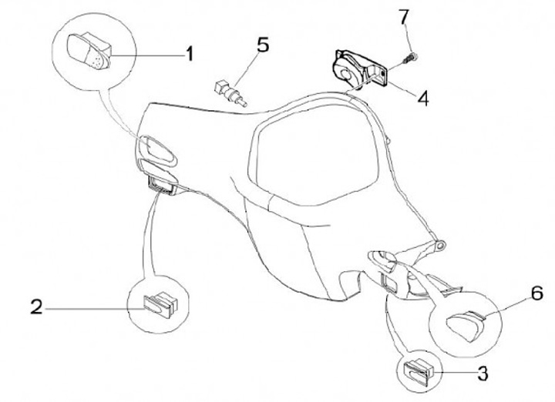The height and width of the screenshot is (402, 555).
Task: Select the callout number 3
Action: [x=483, y=374]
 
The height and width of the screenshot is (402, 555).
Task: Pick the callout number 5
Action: [x=263, y=45]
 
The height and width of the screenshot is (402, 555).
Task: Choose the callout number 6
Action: [x=516, y=293]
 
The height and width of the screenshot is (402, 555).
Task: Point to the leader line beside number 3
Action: [x=458, y=374]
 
